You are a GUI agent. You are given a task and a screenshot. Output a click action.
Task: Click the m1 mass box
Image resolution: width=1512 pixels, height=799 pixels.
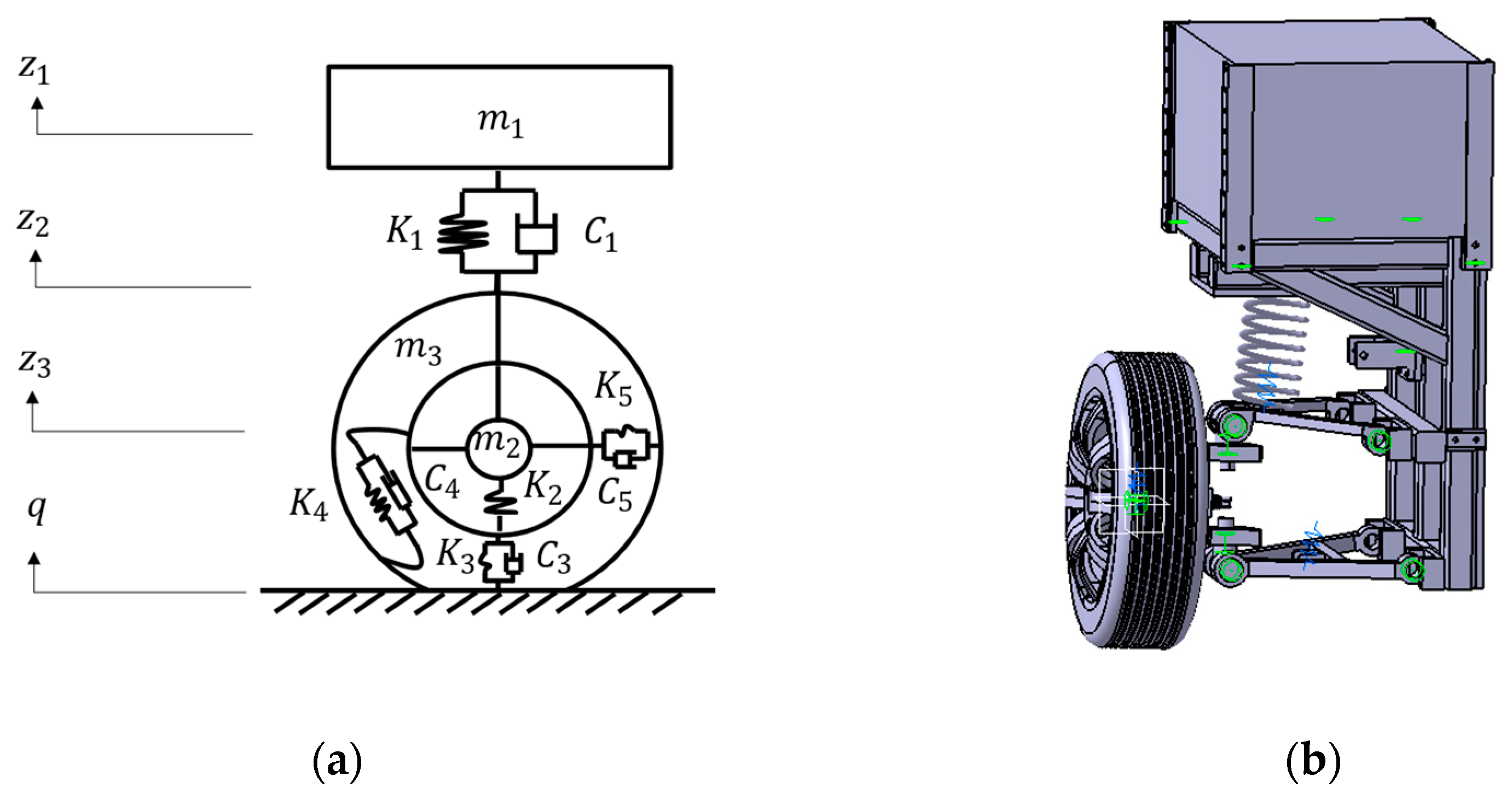click(x=499, y=118)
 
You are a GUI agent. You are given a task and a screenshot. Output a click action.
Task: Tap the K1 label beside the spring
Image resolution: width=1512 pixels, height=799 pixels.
click(x=404, y=233)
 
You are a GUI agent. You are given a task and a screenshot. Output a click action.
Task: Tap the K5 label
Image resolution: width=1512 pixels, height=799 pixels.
click(x=613, y=389)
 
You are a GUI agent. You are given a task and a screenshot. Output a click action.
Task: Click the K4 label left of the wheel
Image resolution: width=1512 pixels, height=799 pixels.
click(x=309, y=504)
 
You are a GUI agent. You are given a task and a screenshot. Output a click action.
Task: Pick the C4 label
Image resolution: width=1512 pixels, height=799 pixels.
click(x=442, y=481)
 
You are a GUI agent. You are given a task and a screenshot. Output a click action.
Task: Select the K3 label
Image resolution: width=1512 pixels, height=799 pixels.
click(x=455, y=555)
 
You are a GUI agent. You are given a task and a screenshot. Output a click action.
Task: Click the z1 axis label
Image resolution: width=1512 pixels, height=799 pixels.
click(x=34, y=70)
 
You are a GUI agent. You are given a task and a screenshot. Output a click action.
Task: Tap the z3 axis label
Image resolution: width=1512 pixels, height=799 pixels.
click(x=34, y=363)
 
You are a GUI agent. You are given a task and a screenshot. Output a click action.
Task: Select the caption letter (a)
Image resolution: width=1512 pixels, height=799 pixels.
click(x=338, y=761)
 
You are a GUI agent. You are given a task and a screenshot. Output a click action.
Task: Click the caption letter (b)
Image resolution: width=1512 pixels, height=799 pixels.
click(x=1313, y=761)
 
